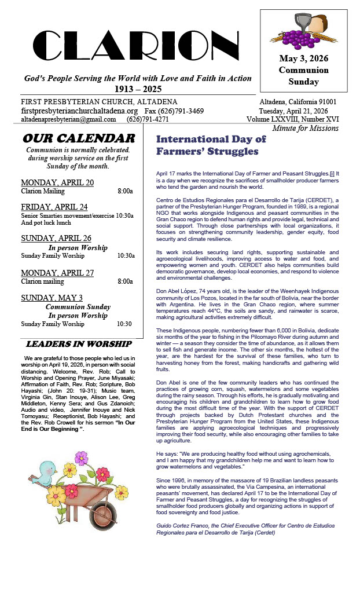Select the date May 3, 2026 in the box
pyautogui.click(x=304, y=58)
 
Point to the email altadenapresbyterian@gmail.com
pyautogui.click(x=68, y=119)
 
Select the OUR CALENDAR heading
pyautogui.click(x=79, y=138)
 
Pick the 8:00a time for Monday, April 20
pyautogui.click(x=125, y=191)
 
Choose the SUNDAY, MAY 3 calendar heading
pyautogui.click(x=52, y=298)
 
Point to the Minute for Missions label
pyautogui.click(x=305, y=129)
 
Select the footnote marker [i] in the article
pyautogui.click(x=332, y=173)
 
